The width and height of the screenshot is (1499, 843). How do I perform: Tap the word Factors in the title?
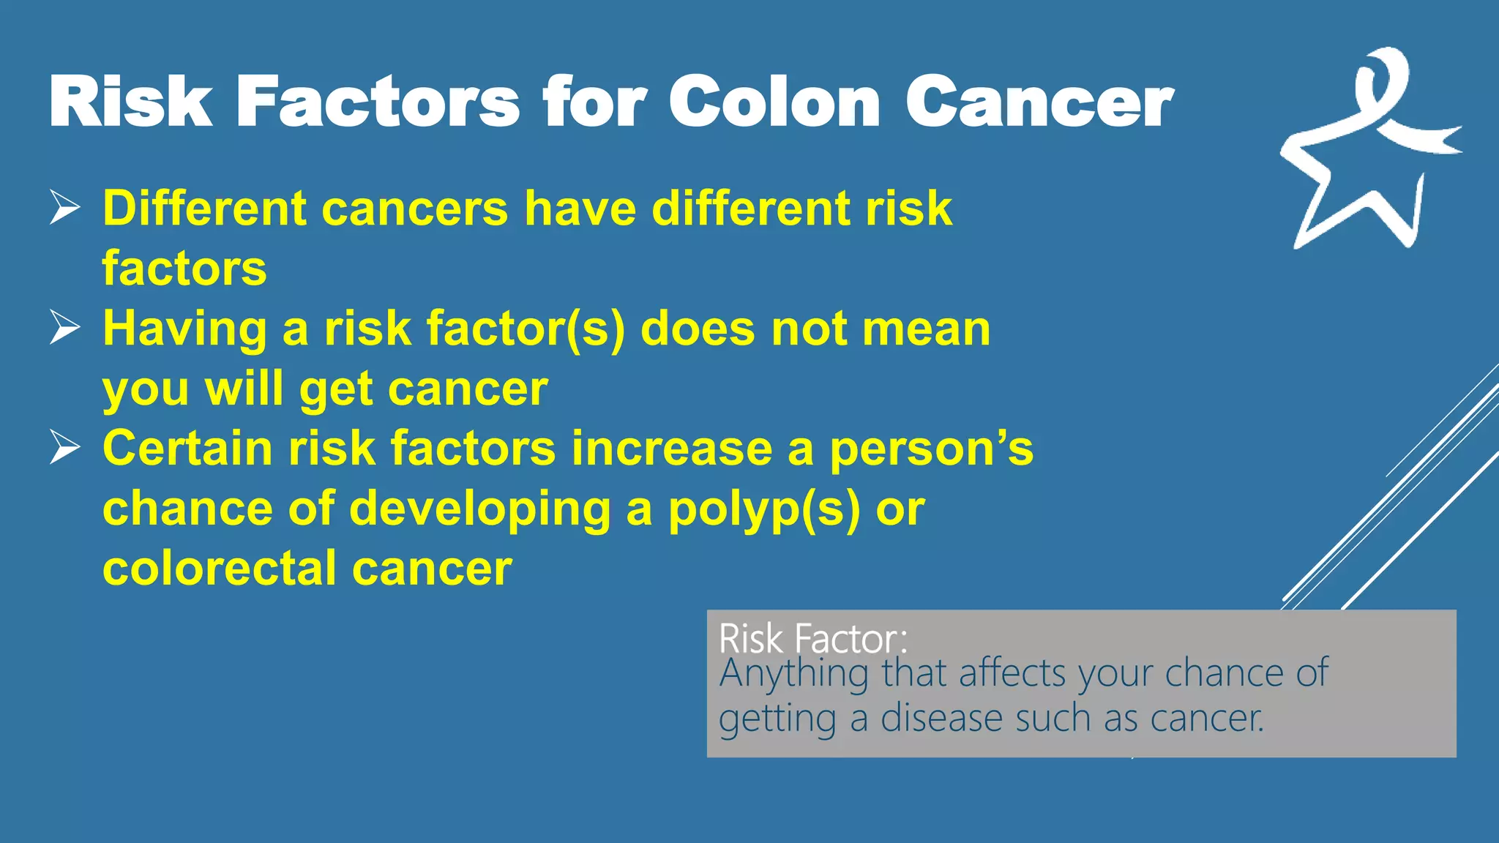point(378,102)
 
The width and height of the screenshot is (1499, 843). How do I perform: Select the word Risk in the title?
point(130,102)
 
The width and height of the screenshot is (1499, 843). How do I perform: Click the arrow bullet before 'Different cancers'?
point(65,208)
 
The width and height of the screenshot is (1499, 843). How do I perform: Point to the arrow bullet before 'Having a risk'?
point(65,328)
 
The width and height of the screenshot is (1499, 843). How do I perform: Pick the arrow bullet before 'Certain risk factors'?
point(65,447)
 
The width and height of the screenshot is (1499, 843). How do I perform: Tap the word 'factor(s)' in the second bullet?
point(526,329)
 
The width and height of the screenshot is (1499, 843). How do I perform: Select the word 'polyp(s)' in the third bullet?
point(764,509)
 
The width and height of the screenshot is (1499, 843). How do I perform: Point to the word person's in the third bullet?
point(931,449)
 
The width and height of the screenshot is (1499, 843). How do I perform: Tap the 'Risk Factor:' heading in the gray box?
point(813,638)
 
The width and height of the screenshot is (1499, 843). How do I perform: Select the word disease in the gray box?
point(940,718)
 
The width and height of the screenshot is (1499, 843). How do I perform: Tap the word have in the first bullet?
point(580,209)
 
